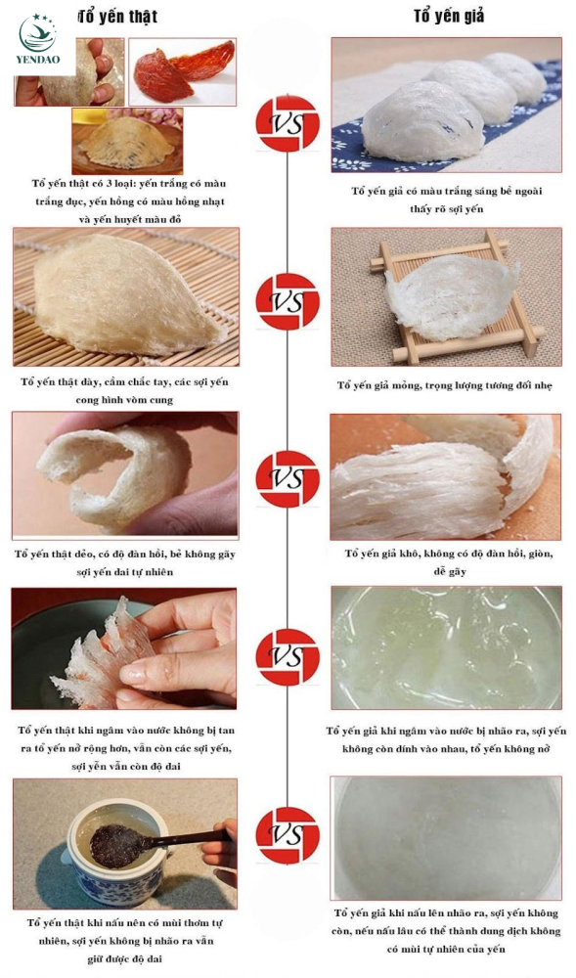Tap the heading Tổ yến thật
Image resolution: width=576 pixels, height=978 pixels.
pyautogui.click(x=118, y=17)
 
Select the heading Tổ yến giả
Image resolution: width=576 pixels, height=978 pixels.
pyautogui.click(x=448, y=17)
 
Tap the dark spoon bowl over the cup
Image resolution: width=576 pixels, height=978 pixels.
pyautogui.click(x=117, y=846)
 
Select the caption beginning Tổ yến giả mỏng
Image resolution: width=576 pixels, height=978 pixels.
pyautogui.click(x=445, y=385)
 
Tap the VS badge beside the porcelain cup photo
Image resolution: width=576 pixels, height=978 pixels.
pyautogui.click(x=288, y=835)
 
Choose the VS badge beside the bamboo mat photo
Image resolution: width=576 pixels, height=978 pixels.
pyautogui.click(x=288, y=301)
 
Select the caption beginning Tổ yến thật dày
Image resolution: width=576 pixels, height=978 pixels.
pyautogui.click(x=124, y=390)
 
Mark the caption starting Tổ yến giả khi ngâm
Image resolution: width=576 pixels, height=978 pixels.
pyautogui.click(x=446, y=739)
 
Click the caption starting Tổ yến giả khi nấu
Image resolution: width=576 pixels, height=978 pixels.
pyautogui.click(x=446, y=931)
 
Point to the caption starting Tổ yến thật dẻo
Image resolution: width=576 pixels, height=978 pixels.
pyautogui.click(x=124, y=562)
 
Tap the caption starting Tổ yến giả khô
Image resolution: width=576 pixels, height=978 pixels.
pyautogui.click(x=449, y=562)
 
